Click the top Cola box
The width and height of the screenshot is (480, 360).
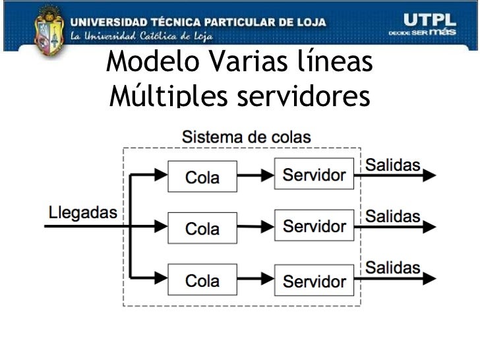[202, 176]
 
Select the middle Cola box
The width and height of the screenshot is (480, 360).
[202, 228]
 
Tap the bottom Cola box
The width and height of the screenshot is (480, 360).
[202, 280]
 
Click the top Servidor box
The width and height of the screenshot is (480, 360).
[314, 175]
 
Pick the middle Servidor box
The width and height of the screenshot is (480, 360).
[314, 226]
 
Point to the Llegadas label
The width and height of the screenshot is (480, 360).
[83, 212]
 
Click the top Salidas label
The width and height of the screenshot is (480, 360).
[393, 165]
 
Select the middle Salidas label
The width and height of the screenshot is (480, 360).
[393, 216]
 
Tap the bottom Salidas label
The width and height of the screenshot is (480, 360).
[393, 268]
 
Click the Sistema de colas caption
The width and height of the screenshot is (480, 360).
[246, 137]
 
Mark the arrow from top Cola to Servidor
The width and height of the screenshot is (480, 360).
[256, 175]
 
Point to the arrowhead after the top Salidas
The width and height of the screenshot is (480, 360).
[429, 175]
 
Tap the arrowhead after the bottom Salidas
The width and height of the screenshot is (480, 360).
[429, 278]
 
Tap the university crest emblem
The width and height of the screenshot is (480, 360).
[49, 30]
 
